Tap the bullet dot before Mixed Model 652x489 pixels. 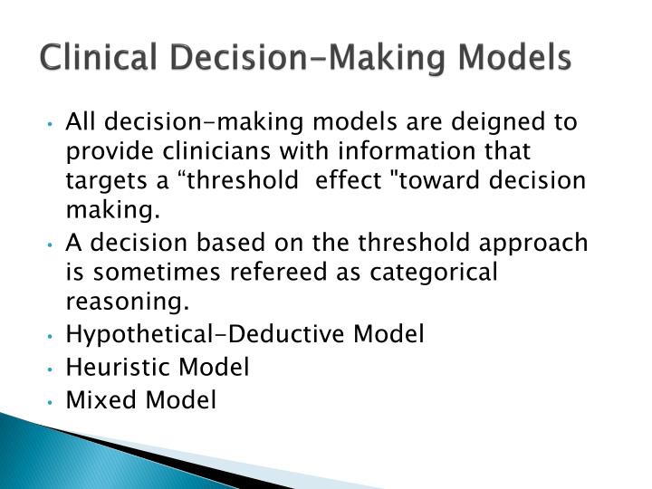click(55, 400)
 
